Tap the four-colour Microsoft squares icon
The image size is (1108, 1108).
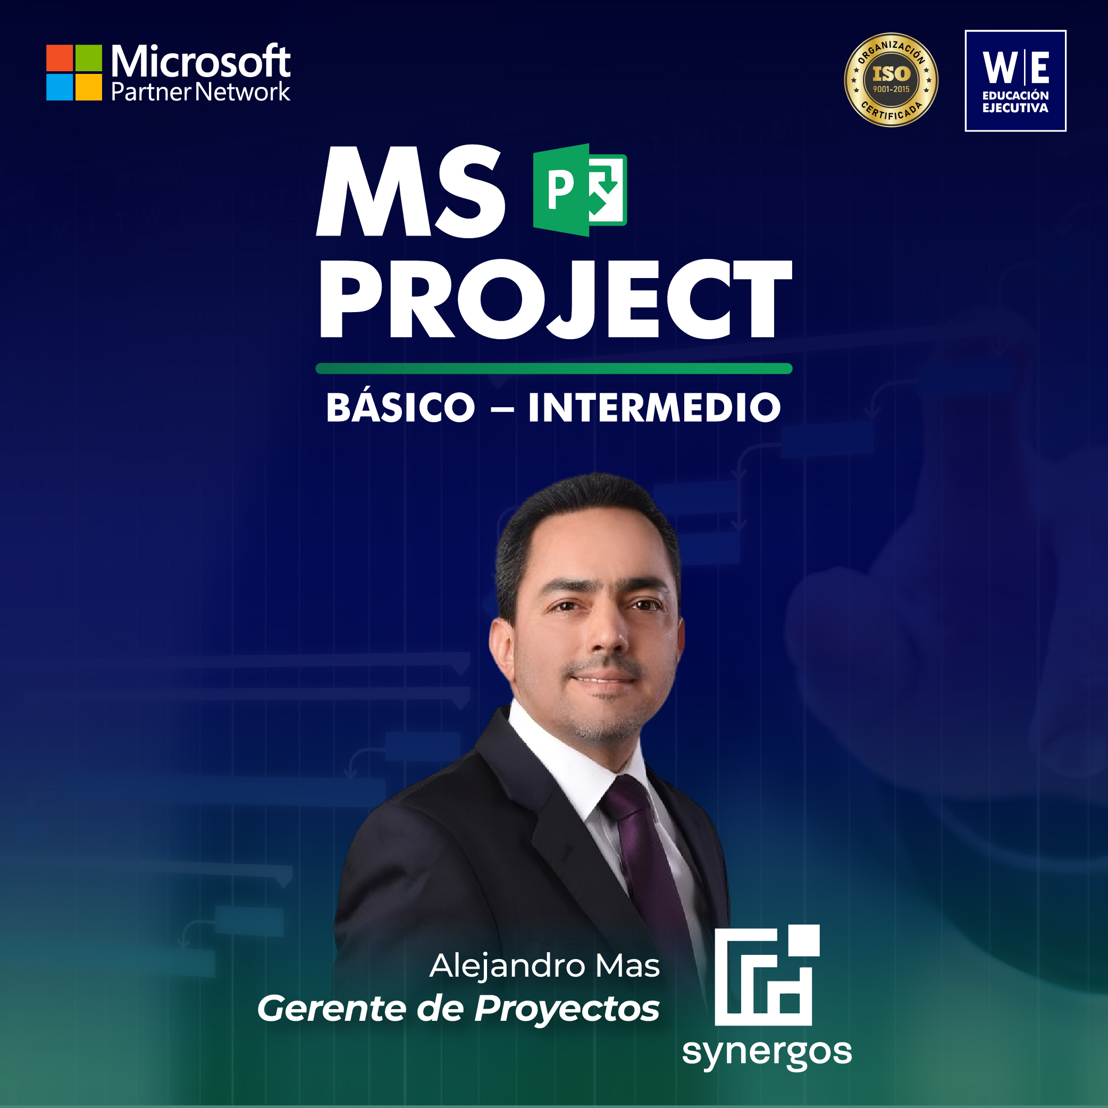74,73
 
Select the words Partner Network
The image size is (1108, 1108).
200,92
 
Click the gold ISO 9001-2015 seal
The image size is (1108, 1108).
891,80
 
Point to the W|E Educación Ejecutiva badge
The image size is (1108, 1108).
1015,81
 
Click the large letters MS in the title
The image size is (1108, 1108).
410,191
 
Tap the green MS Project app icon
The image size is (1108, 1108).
580,190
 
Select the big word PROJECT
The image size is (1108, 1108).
556,299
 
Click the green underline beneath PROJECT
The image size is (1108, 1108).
554,369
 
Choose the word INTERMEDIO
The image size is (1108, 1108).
654,408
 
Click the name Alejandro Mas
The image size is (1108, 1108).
544,965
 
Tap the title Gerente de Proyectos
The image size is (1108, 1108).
458,1008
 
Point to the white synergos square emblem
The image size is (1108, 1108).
767,975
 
